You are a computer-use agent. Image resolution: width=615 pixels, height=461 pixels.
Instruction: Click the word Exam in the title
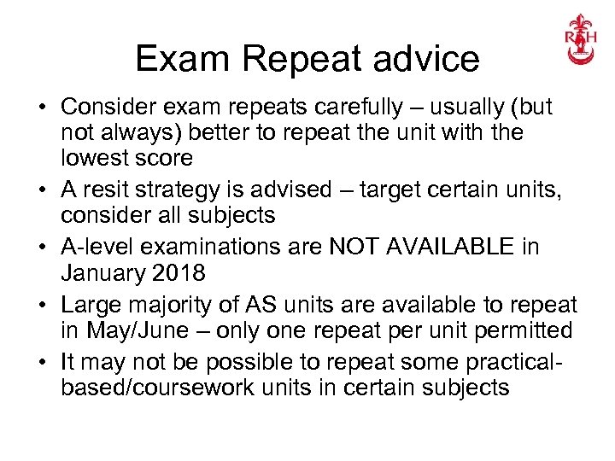point(184,60)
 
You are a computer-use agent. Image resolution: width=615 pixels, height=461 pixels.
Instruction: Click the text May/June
point(126,330)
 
